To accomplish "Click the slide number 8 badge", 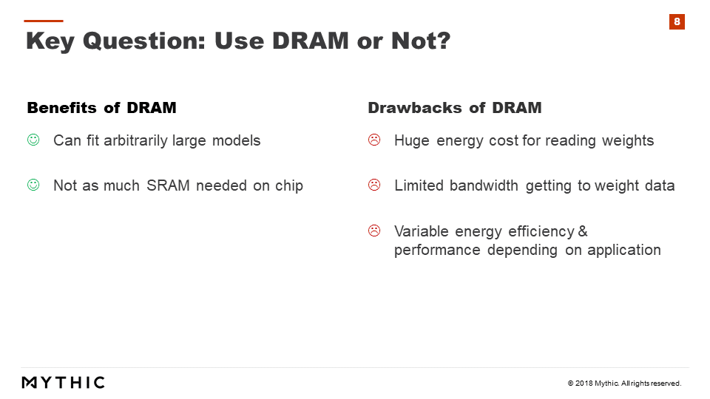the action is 677,21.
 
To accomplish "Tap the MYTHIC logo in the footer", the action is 64,383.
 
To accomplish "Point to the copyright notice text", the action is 624,383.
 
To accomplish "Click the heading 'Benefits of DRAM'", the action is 102,108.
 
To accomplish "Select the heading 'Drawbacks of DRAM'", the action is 455,108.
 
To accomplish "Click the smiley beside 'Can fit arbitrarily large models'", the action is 33,140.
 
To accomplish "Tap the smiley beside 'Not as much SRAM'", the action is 33,185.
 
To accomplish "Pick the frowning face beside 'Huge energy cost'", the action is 374,140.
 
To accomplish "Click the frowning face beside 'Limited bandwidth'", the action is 374,185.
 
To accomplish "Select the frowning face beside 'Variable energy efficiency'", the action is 374,231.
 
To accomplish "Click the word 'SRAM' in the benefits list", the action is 168,185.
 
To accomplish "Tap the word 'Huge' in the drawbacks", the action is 412,140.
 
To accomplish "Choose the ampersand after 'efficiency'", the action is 583,231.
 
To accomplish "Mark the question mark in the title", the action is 443,40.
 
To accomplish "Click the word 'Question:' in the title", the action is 144,41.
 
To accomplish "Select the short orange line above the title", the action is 44,21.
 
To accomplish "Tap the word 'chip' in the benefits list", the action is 289,186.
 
